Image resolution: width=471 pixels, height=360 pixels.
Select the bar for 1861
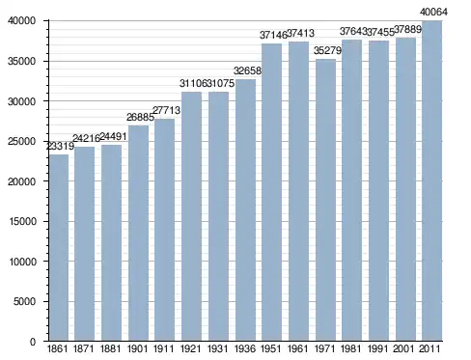(59, 247)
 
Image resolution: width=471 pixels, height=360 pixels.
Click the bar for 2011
(432, 180)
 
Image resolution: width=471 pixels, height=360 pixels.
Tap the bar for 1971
(325, 200)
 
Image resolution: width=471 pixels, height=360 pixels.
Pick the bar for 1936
(245, 210)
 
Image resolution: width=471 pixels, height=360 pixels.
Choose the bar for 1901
(138, 234)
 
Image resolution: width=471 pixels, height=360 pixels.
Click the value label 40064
(433, 12)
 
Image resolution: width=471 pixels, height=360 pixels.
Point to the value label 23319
(61, 147)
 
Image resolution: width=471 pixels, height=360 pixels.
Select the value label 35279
(327, 50)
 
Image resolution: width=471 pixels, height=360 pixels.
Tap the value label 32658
(247, 70)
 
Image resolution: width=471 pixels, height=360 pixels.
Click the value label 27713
(166, 110)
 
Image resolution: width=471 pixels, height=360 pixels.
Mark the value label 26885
(140, 117)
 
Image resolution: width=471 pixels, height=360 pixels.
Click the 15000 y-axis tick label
(22, 221)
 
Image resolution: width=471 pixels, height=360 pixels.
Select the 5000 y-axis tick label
(24, 301)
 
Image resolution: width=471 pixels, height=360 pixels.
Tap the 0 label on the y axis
(33, 342)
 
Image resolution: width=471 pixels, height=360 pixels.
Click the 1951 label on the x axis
(271, 348)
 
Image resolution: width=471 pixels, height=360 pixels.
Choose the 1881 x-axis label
(110, 348)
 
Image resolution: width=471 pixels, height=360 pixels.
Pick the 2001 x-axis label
(404, 348)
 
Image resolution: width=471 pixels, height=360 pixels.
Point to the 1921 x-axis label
(191, 348)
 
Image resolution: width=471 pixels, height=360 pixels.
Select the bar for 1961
(298, 191)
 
